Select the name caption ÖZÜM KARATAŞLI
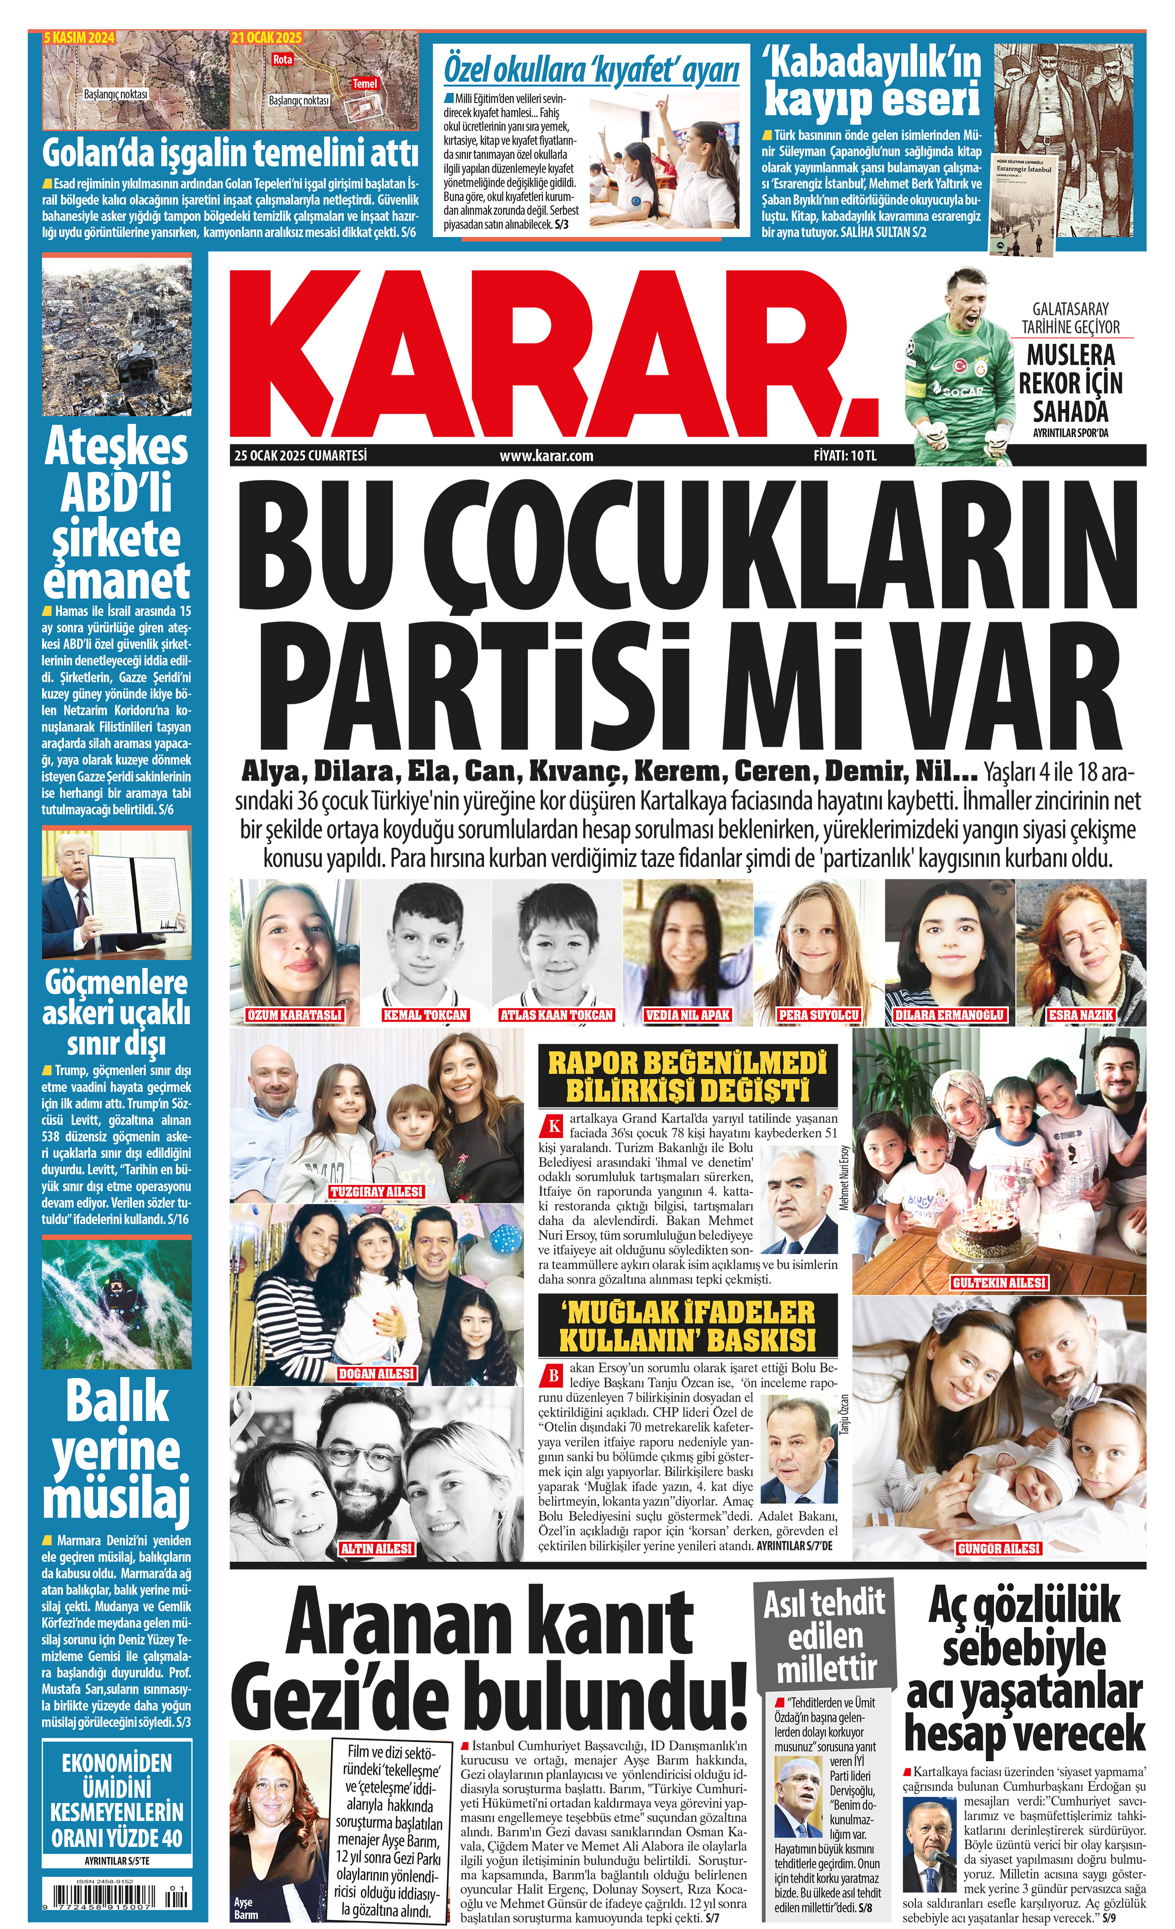295,1015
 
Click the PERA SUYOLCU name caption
819,1015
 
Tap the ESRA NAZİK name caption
1080,1015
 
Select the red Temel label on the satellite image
364,83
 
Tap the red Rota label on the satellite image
283,60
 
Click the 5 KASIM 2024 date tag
79,38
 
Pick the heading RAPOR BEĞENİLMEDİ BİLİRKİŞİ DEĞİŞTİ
687,1077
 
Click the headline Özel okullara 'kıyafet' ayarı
591,70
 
